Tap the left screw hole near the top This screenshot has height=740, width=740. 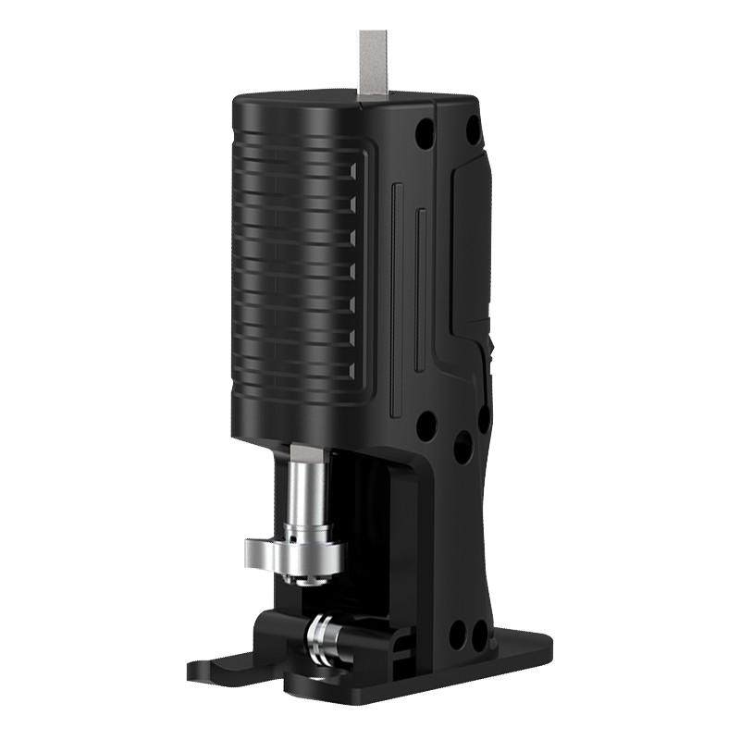click(425, 132)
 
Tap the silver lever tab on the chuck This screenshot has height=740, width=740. click(263, 554)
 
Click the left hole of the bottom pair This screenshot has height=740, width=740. click(456, 635)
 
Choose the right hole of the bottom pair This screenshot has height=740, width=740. click(479, 635)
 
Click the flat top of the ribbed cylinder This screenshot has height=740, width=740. click(296, 100)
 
